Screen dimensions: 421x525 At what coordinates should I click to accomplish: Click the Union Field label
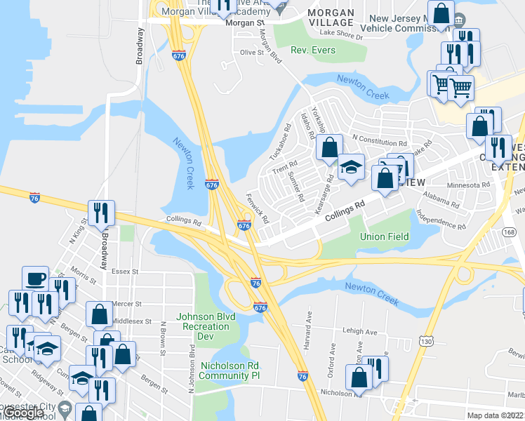click(x=384, y=236)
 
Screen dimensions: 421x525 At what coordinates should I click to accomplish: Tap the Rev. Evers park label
click(x=313, y=51)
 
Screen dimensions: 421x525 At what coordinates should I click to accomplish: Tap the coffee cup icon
click(x=35, y=279)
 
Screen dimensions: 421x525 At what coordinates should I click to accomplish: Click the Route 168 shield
click(x=510, y=232)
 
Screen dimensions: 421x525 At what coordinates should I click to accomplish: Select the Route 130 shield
click(x=425, y=341)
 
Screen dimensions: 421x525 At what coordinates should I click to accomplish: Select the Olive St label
click(x=251, y=52)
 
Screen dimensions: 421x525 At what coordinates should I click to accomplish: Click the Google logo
click(x=25, y=413)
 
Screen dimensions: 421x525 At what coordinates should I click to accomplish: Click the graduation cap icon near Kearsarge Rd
click(x=351, y=167)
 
